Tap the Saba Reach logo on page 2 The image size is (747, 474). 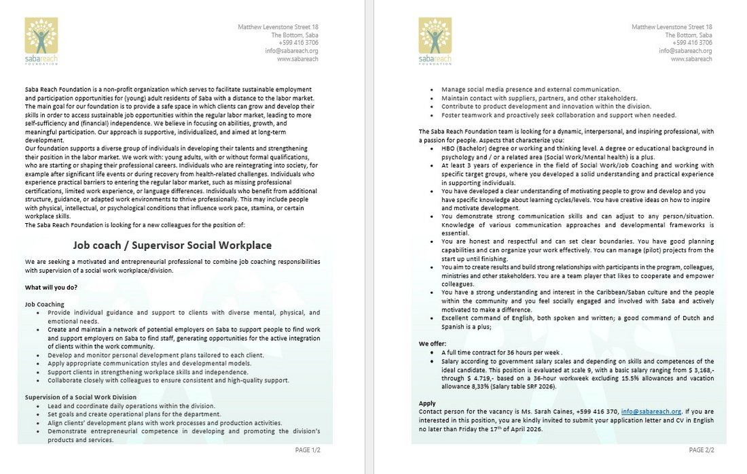tap(435, 41)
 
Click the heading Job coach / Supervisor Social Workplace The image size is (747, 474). tap(172, 246)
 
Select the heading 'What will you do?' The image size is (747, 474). tap(51, 287)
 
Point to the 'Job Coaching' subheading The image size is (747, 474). tap(45, 304)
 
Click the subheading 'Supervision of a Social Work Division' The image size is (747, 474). tap(81, 396)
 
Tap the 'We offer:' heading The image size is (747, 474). tap(433, 344)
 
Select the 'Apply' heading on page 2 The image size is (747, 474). tap(427, 403)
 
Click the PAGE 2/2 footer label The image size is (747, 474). tap(702, 450)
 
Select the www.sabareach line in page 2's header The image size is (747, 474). tap(691, 59)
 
